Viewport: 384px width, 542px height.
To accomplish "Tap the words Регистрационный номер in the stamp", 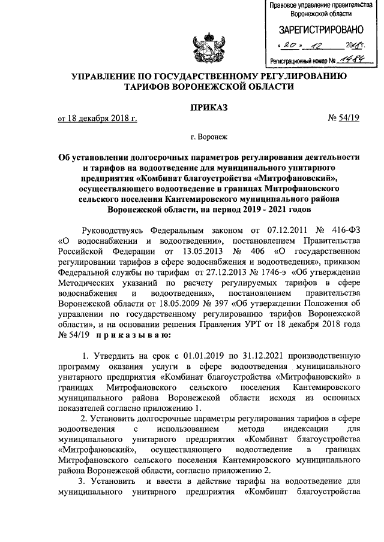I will coord(299,61).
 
